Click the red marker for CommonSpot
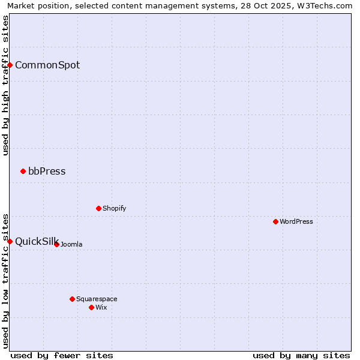10,65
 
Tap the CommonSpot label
47,65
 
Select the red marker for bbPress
23,171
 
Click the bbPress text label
47,171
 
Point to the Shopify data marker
98,208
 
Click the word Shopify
114,208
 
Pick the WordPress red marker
275,221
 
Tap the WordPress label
296,221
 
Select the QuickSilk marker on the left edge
10,241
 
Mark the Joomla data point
56,244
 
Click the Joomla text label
71,244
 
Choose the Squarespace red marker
72,299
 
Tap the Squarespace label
97,299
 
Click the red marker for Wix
91,307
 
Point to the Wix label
101,307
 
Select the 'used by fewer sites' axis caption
62,355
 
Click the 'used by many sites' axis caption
301,355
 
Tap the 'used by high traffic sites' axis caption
5,86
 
